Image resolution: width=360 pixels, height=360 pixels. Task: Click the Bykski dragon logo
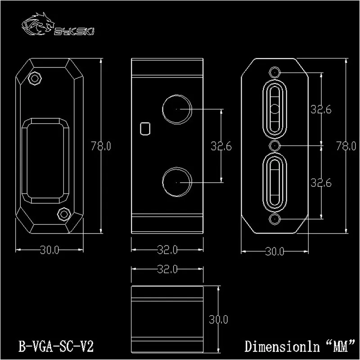38,24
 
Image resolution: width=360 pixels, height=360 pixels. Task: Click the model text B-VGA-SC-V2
56,346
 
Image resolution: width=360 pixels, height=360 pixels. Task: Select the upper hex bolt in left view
35,78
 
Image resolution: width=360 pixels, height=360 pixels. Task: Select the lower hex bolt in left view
64,214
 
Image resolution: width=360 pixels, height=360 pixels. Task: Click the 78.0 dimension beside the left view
101,146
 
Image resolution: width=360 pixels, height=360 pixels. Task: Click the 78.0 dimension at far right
346,146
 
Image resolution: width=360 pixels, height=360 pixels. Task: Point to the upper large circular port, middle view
177,109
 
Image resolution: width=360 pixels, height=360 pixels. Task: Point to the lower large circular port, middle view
177,182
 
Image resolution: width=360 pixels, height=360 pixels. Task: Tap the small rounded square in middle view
145,129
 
